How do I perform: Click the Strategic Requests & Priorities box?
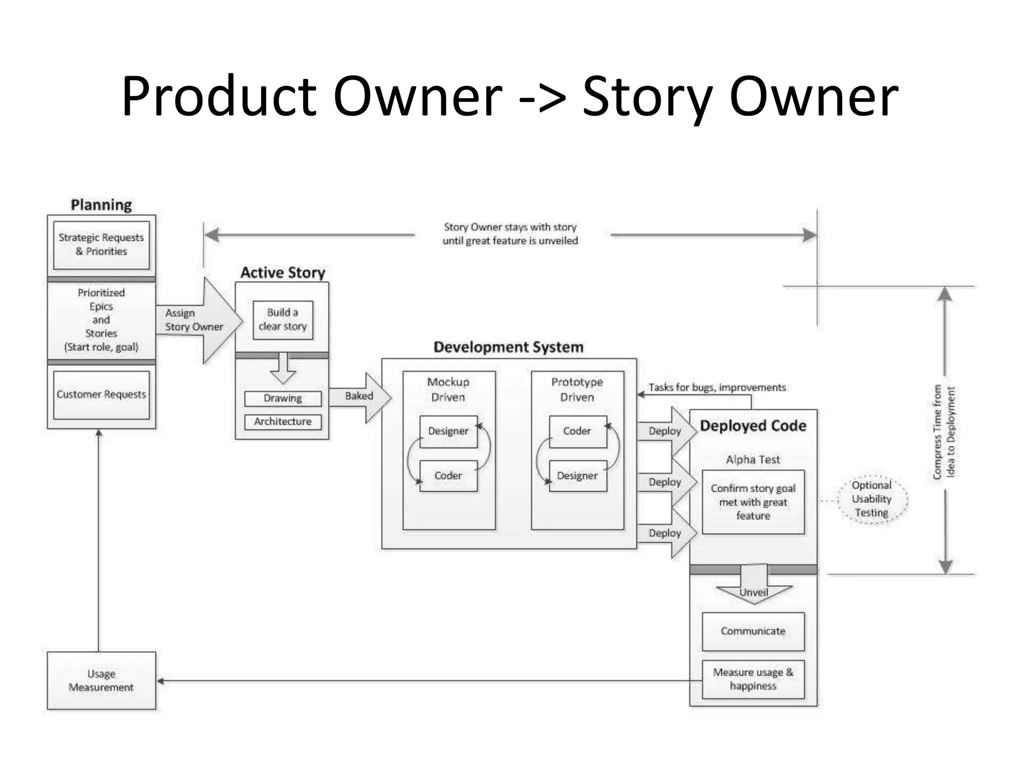(101, 245)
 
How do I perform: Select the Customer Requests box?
(101, 394)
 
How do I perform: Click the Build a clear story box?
(283, 320)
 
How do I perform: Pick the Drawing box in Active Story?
(283, 398)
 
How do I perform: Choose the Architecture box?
(283, 421)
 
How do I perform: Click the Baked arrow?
(361, 396)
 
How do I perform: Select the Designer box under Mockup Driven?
(448, 431)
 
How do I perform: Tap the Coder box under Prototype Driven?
(577, 431)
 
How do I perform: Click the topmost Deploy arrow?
(666, 431)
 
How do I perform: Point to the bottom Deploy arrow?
(666, 533)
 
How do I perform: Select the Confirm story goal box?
(753, 502)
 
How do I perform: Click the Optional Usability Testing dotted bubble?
(872, 499)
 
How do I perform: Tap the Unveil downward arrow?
(754, 588)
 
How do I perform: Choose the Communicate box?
(753, 631)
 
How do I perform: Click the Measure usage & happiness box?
(753, 679)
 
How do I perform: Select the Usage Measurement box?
(101, 680)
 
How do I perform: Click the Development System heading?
(508, 347)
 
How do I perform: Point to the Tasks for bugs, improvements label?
(717, 387)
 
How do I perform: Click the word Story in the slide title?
(647, 97)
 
